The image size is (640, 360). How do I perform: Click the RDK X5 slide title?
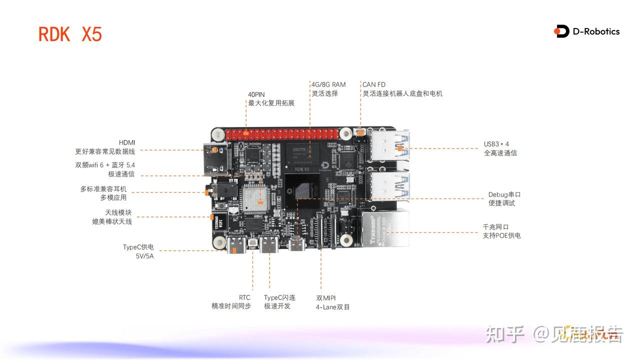[x=70, y=34]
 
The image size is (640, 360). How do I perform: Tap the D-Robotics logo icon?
[x=561, y=31]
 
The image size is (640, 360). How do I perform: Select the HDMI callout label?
[x=127, y=142]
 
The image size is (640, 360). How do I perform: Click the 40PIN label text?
[x=256, y=94]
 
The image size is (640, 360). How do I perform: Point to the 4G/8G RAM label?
[x=328, y=84]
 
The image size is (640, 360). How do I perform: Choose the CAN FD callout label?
[x=374, y=84]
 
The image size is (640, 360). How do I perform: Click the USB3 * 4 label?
[x=496, y=144]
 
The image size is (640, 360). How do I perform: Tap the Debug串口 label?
[x=504, y=194]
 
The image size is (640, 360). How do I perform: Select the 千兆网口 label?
[x=495, y=226]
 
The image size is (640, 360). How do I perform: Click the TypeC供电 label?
[x=138, y=247]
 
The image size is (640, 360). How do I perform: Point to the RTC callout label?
[x=244, y=297]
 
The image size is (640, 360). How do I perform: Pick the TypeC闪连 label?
[x=279, y=297]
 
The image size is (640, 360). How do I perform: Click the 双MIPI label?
[x=325, y=297]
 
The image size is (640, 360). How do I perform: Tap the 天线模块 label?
[x=118, y=212]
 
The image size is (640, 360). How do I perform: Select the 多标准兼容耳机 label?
[x=103, y=189]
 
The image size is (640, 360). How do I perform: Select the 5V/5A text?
[x=144, y=256]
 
